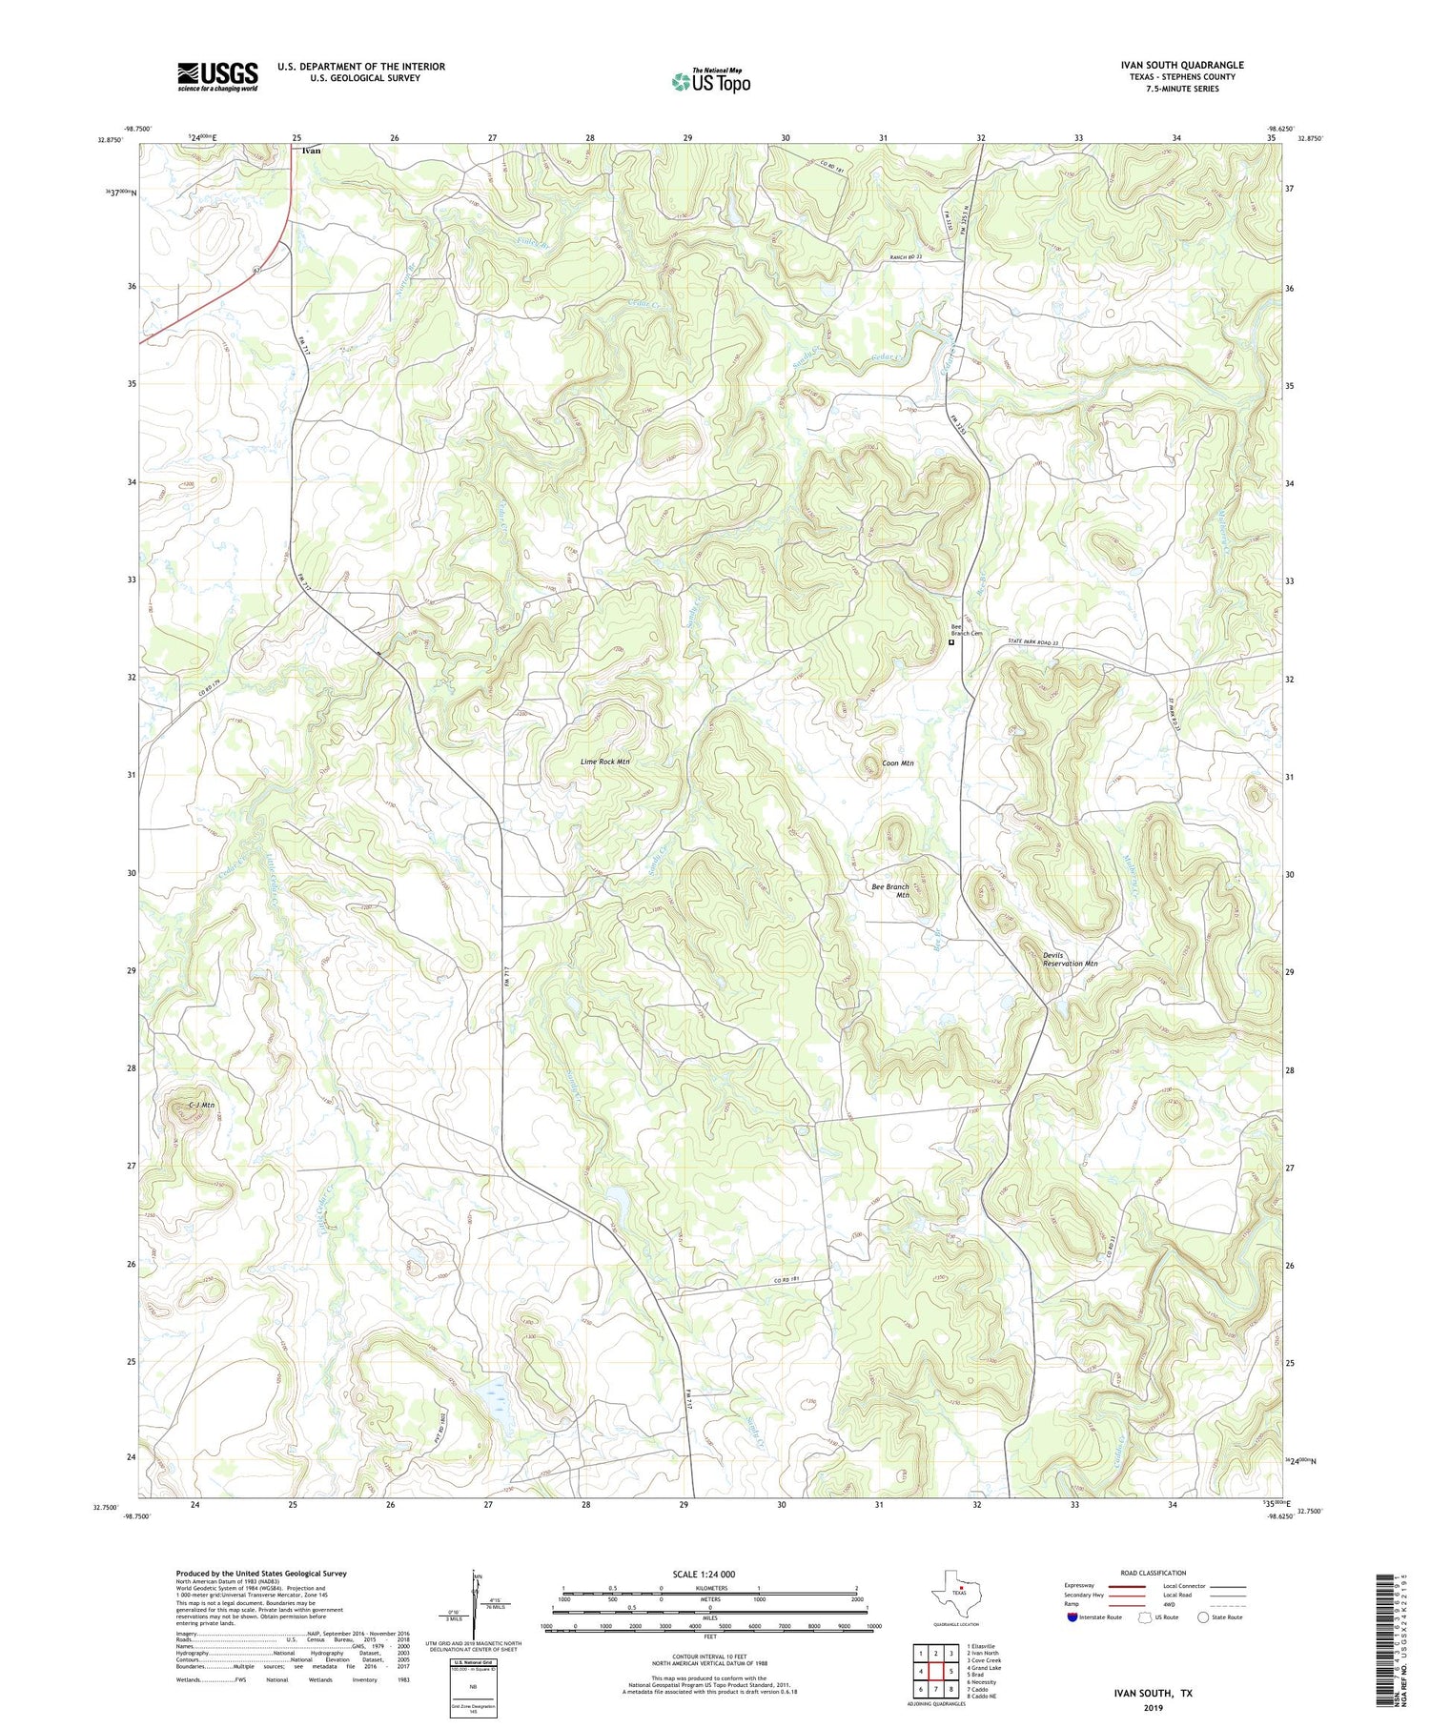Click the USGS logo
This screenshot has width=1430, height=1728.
click(x=217, y=76)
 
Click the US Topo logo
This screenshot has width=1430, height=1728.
click(x=710, y=81)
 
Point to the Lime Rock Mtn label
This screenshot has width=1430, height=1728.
click(x=605, y=762)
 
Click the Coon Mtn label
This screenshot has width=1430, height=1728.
click(x=897, y=763)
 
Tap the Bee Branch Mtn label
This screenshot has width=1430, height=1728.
click(x=890, y=891)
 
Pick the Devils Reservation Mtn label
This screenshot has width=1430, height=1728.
click(x=1070, y=959)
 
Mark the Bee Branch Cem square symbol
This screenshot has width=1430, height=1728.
click(x=950, y=642)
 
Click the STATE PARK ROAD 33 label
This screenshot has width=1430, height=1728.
click(x=1034, y=643)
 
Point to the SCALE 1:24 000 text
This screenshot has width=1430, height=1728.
click(x=710, y=1574)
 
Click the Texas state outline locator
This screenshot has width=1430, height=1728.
click(x=954, y=1591)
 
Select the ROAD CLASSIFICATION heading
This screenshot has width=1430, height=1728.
click(x=1154, y=1573)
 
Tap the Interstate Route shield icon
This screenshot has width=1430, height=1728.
click(x=1073, y=1617)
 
